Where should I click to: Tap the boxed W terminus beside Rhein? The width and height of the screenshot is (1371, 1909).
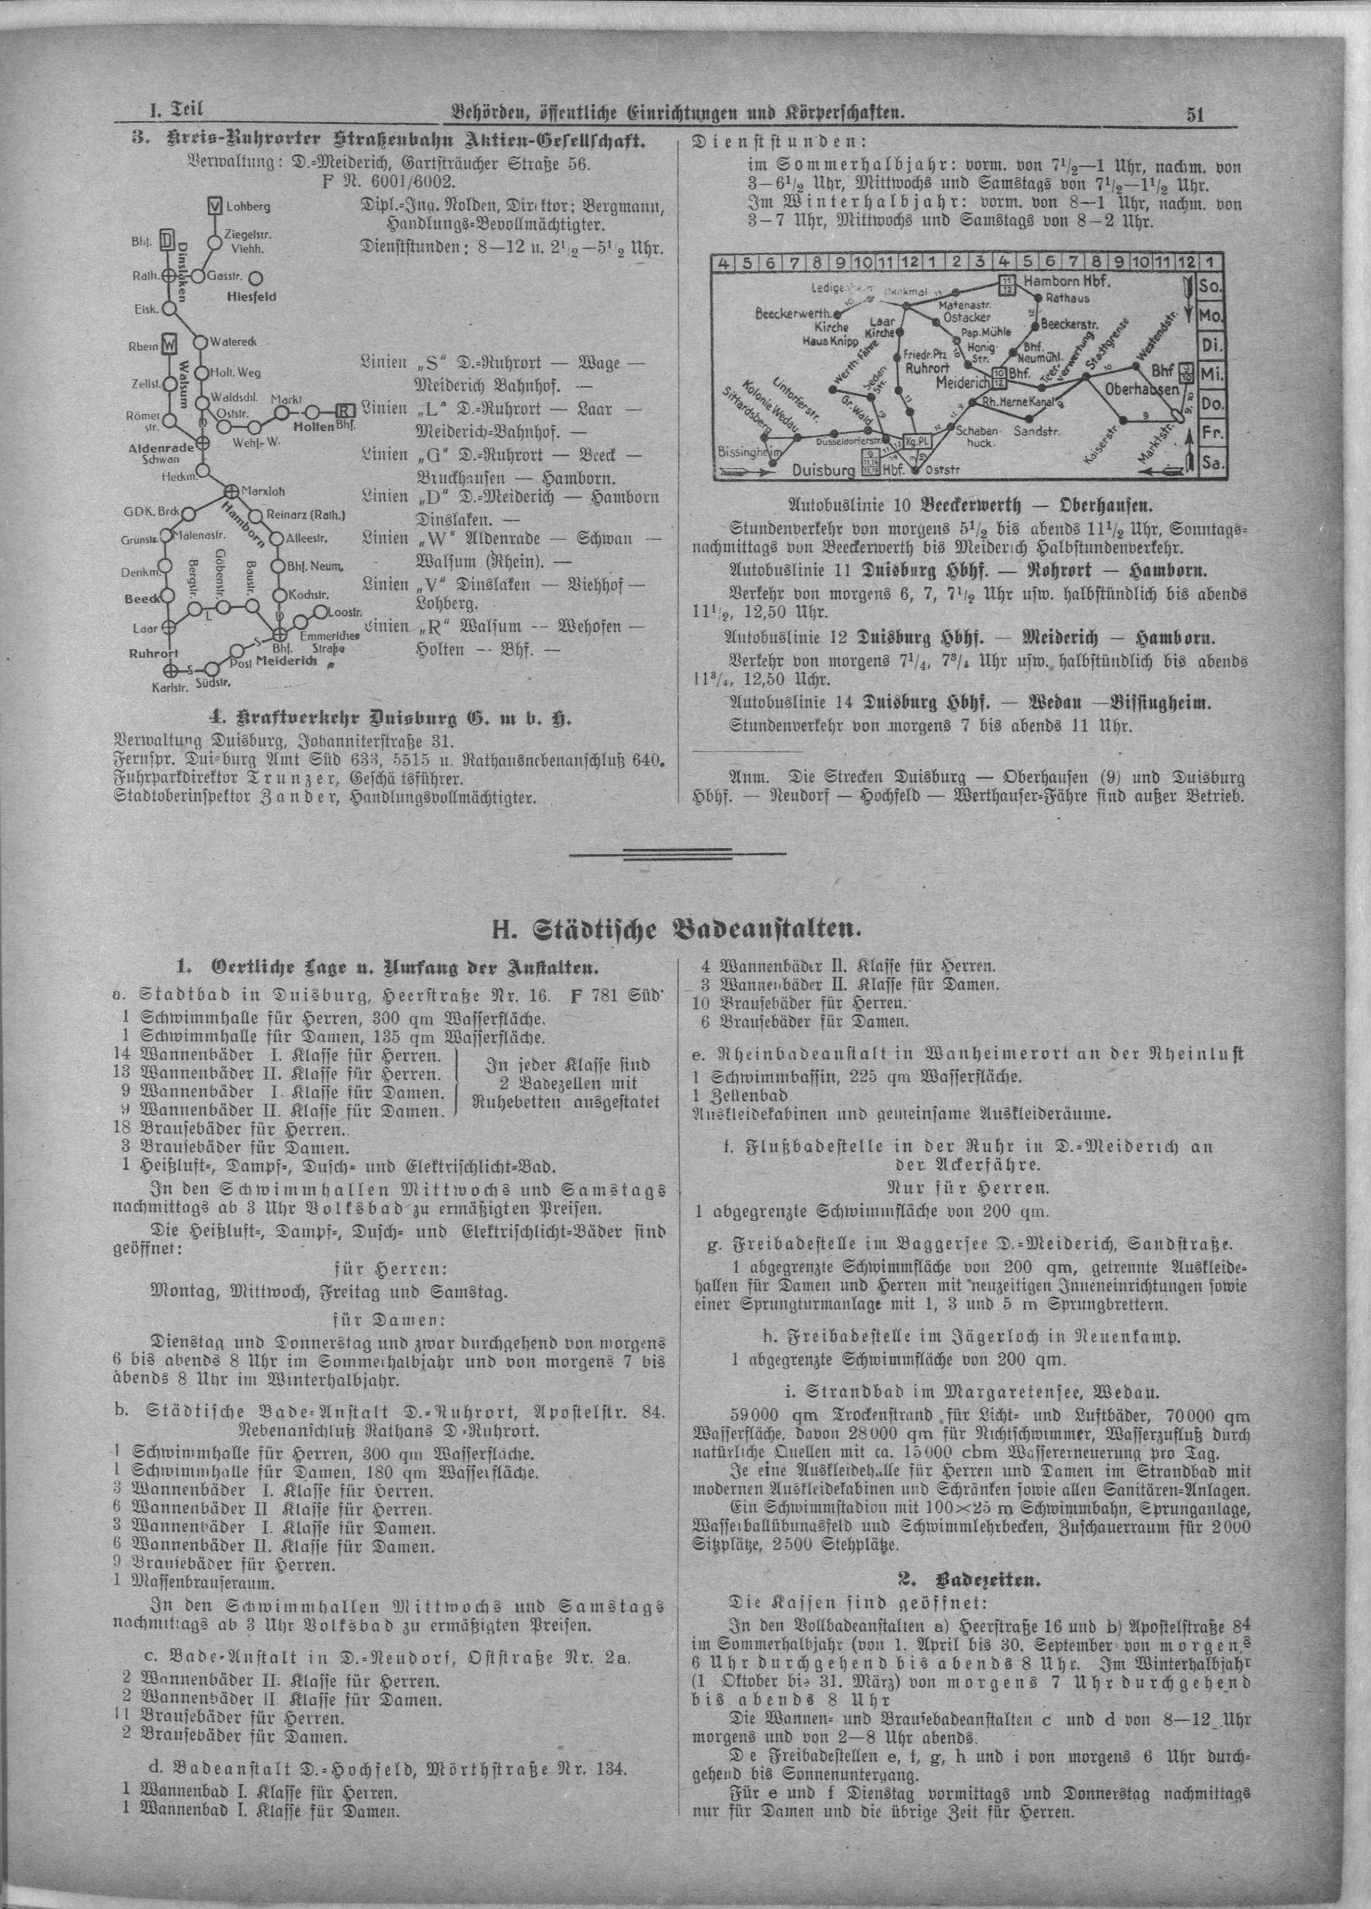169,345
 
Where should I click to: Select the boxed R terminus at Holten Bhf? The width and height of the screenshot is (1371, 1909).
343,412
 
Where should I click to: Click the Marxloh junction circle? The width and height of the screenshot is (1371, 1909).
230,490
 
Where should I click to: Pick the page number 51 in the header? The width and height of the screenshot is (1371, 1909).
1194,115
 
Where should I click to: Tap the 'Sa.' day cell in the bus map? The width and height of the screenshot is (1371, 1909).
1212,462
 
